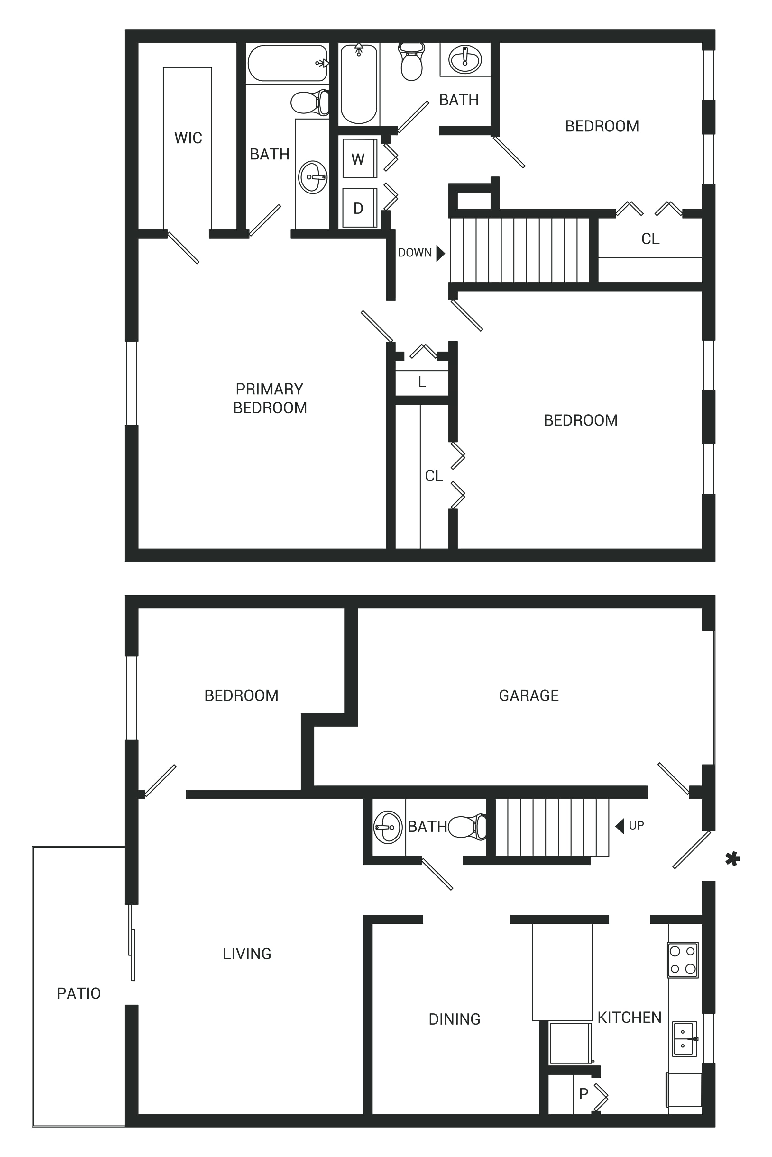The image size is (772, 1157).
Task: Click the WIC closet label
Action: pyautogui.click(x=188, y=138)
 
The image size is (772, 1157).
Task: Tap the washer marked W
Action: pyautogui.click(x=359, y=158)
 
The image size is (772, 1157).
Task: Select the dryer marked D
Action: pyautogui.click(x=359, y=208)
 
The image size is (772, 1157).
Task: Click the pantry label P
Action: pyautogui.click(x=584, y=1094)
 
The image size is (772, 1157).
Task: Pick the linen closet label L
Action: pyautogui.click(x=422, y=382)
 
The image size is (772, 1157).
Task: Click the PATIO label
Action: pyautogui.click(x=79, y=993)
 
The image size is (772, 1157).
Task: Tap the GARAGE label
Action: pyautogui.click(x=529, y=695)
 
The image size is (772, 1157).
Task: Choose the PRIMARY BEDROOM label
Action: pyautogui.click(x=270, y=399)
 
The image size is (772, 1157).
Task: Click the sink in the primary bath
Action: pyautogui.click(x=313, y=177)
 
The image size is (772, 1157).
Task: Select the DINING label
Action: pyautogui.click(x=455, y=1019)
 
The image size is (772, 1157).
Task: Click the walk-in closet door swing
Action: pyautogui.click(x=183, y=247)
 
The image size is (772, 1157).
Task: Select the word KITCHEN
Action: pyautogui.click(x=629, y=1017)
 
